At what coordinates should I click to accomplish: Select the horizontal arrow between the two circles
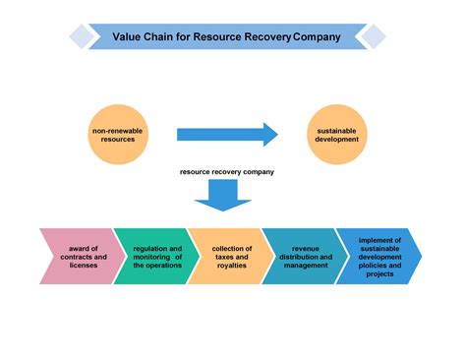click(227, 135)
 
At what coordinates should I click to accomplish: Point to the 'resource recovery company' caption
click(227, 172)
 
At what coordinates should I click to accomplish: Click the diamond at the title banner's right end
click(371, 37)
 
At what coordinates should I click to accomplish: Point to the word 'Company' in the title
click(318, 37)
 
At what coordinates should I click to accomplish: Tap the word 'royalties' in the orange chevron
click(233, 266)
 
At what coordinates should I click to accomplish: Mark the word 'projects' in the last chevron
click(379, 274)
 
